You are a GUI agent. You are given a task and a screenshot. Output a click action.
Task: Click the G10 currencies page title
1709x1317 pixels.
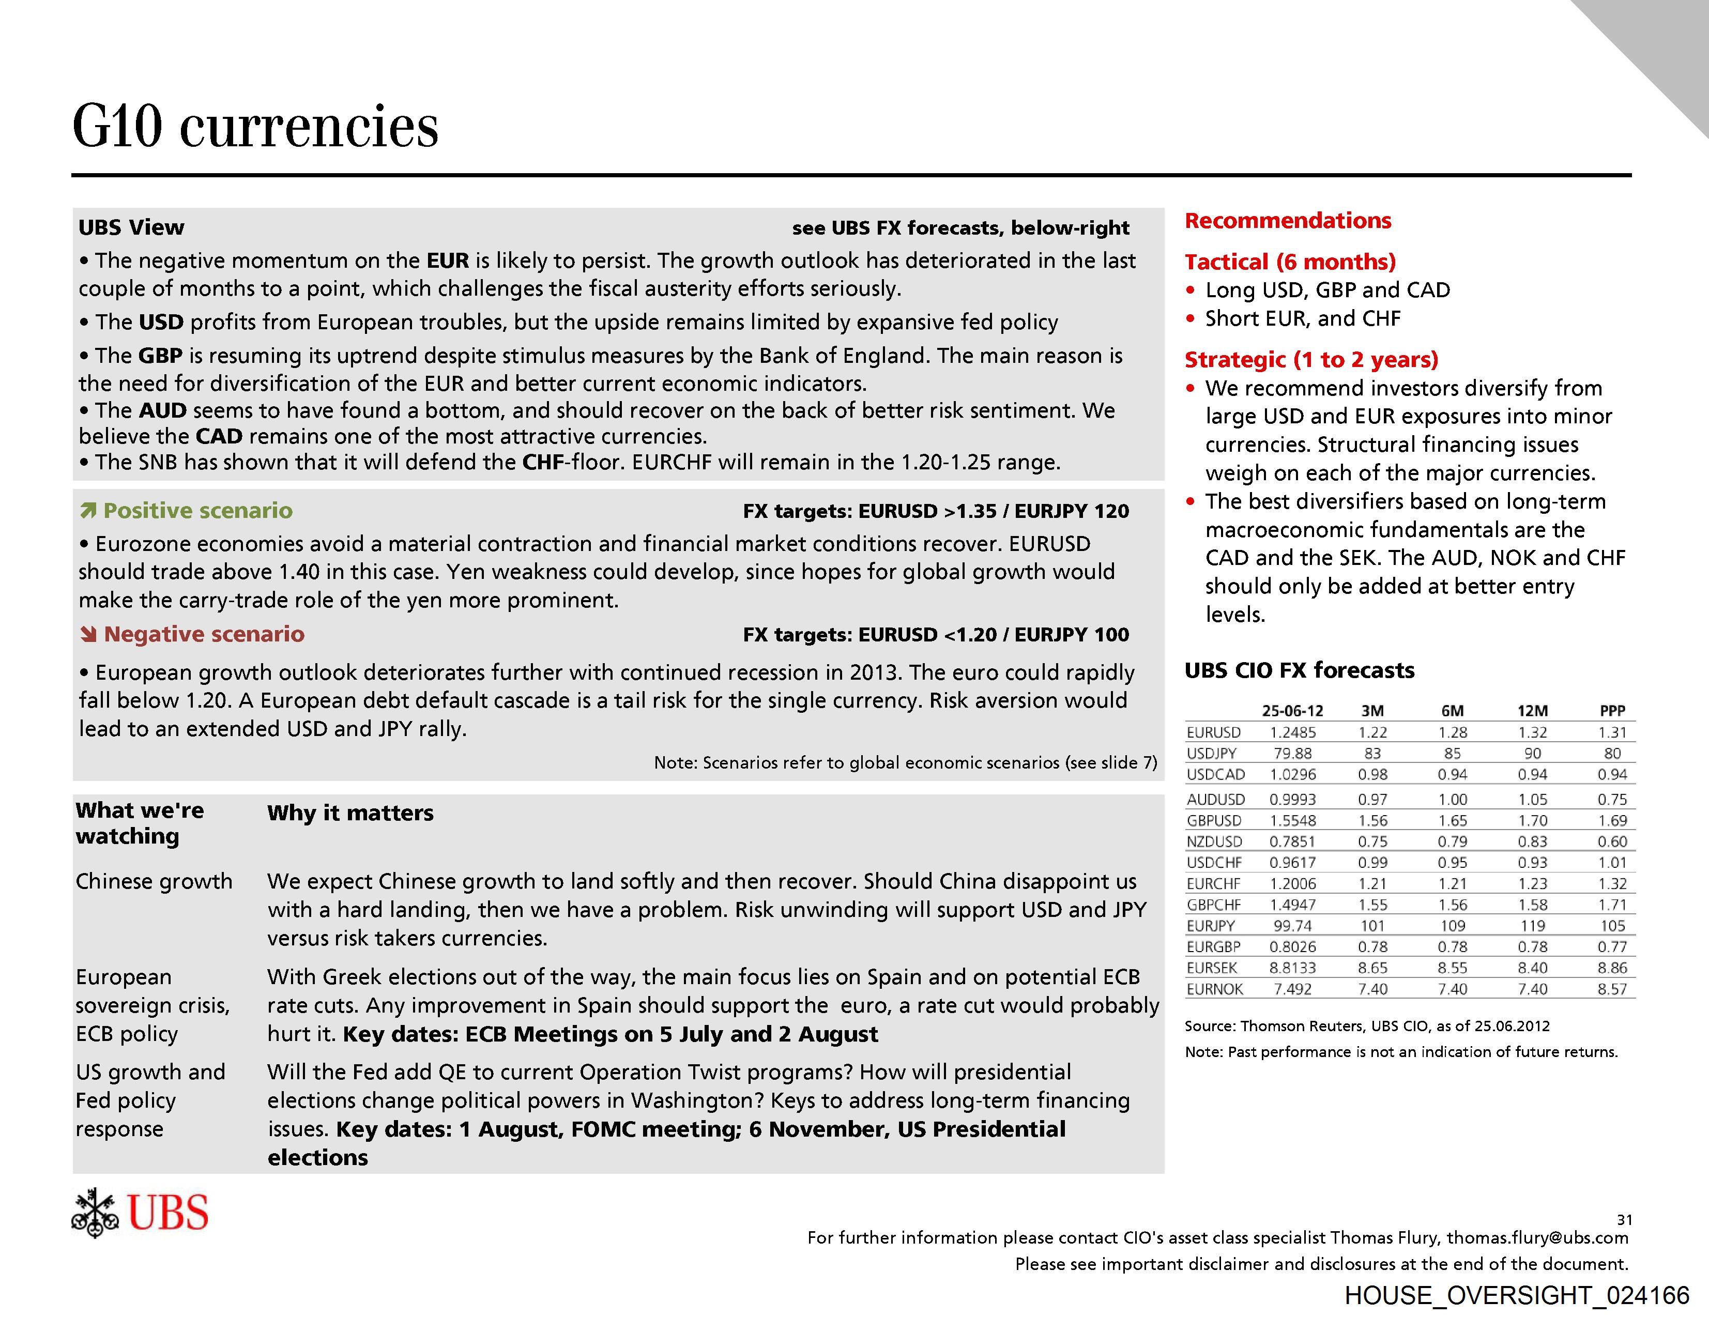pyautogui.click(x=255, y=127)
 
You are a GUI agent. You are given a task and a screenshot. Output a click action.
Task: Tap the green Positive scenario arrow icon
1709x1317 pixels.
pyautogui.click(x=88, y=511)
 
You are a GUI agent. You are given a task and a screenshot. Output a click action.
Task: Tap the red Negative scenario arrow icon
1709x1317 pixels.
pyautogui.click(x=88, y=635)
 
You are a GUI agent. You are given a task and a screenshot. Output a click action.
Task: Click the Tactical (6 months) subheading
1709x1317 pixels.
pyautogui.click(x=1290, y=262)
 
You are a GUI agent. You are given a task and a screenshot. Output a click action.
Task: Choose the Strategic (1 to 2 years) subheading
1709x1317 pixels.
pyautogui.click(x=1311, y=359)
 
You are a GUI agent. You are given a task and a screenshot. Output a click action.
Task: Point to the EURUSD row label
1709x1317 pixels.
pyautogui.click(x=1214, y=732)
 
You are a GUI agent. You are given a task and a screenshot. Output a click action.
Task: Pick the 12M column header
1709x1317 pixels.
pyautogui.click(x=1532, y=711)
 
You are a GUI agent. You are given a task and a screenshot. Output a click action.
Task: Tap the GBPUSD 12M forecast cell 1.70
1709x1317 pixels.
pyautogui.click(x=1532, y=821)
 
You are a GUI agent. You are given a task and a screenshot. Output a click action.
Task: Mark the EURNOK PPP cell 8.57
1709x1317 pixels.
pyautogui.click(x=1612, y=989)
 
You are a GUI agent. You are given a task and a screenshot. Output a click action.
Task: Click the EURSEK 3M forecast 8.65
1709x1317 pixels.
pyautogui.click(x=1372, y=968)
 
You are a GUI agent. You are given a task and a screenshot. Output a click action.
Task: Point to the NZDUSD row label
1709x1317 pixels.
pyautogui.click(x=1214, y=842)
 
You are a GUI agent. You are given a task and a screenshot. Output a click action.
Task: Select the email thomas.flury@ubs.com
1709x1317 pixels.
pyautogui.click(x=1537, y=1237)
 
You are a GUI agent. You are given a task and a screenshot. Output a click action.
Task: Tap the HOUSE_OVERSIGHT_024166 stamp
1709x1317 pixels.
pyautogui.click(x=1517, y=1295)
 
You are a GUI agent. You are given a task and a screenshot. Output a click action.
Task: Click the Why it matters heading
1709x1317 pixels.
pyautogui.click(x=350, y=813)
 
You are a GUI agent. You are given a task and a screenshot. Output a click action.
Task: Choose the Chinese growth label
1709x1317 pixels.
pyautogui.click(x=154, y=881)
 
